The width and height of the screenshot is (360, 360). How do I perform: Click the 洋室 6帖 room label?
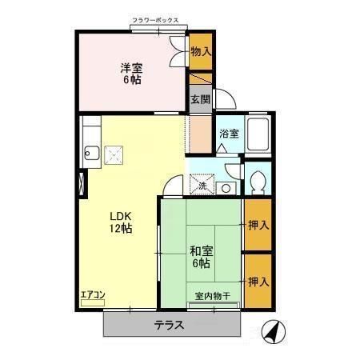[x=131, y=74]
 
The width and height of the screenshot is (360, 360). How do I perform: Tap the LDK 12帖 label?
[x=120, y=221]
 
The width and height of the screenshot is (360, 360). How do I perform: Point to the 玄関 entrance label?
[x=200, y=99]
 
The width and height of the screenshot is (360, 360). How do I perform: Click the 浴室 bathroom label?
[x=230, y=134]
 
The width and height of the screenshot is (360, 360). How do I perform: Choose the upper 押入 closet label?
[x=257, y=226]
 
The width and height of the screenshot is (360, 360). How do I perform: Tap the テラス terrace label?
[x=170, y=325]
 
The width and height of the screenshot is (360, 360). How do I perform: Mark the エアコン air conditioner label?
[x=93, y=294]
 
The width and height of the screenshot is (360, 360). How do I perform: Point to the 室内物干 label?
[x=213, y=297]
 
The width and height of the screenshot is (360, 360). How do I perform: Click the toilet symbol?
[x=258, y=182]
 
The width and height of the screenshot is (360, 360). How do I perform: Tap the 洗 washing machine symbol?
[x=201, y=185]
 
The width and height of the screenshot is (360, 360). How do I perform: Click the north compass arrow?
[x=273, y=331]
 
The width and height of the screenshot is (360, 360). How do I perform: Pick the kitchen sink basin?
[x=90, y=153]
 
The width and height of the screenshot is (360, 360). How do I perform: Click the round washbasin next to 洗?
[x=226, y=188]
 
